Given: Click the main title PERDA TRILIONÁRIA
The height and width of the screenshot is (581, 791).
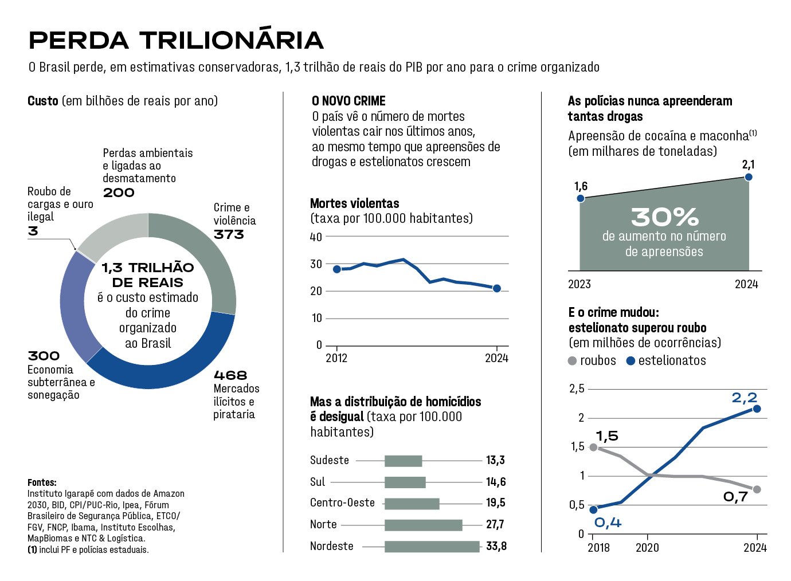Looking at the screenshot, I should click(x=176, y=40).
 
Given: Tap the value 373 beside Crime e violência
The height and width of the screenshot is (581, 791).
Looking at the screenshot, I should click(x=229, y=234).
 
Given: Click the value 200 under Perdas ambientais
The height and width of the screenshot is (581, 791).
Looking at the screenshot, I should click(x=119, y=193).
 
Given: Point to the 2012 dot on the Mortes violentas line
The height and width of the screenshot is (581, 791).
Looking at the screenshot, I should click(x=337, y=269).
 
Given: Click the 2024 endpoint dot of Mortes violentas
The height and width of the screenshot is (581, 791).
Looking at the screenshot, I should click(x=497, y=288).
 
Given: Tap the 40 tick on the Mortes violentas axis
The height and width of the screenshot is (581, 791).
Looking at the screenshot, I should click(x=316, y=237).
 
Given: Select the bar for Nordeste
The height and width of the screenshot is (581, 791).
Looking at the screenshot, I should click(x=432, y=547).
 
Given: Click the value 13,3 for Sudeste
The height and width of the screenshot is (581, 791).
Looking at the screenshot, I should click(x=495, y=460).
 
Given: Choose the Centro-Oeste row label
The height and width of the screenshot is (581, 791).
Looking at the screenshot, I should click(x=342, y=503).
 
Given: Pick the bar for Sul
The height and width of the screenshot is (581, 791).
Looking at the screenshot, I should click(x=405, y=482).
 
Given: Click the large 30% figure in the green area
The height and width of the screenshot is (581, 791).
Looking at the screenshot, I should click(x=664, y=217).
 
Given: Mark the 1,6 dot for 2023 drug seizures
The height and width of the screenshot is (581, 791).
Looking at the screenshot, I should click(x=581, y=198).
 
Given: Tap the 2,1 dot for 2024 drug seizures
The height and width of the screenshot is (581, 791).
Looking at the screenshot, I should click(x=748, y=177).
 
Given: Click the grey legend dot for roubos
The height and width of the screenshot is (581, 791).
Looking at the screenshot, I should click(x=572, y=361).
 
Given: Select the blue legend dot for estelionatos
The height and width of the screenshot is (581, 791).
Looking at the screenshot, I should click(x=631, y=361).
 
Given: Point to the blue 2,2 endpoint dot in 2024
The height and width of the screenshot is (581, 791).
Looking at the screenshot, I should click(x=757, y=409).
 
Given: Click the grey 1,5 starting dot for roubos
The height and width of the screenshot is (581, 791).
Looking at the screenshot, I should click(x=593, y=447).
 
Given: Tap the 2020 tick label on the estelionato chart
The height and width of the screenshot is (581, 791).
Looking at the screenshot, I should click(x=647, y=548).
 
